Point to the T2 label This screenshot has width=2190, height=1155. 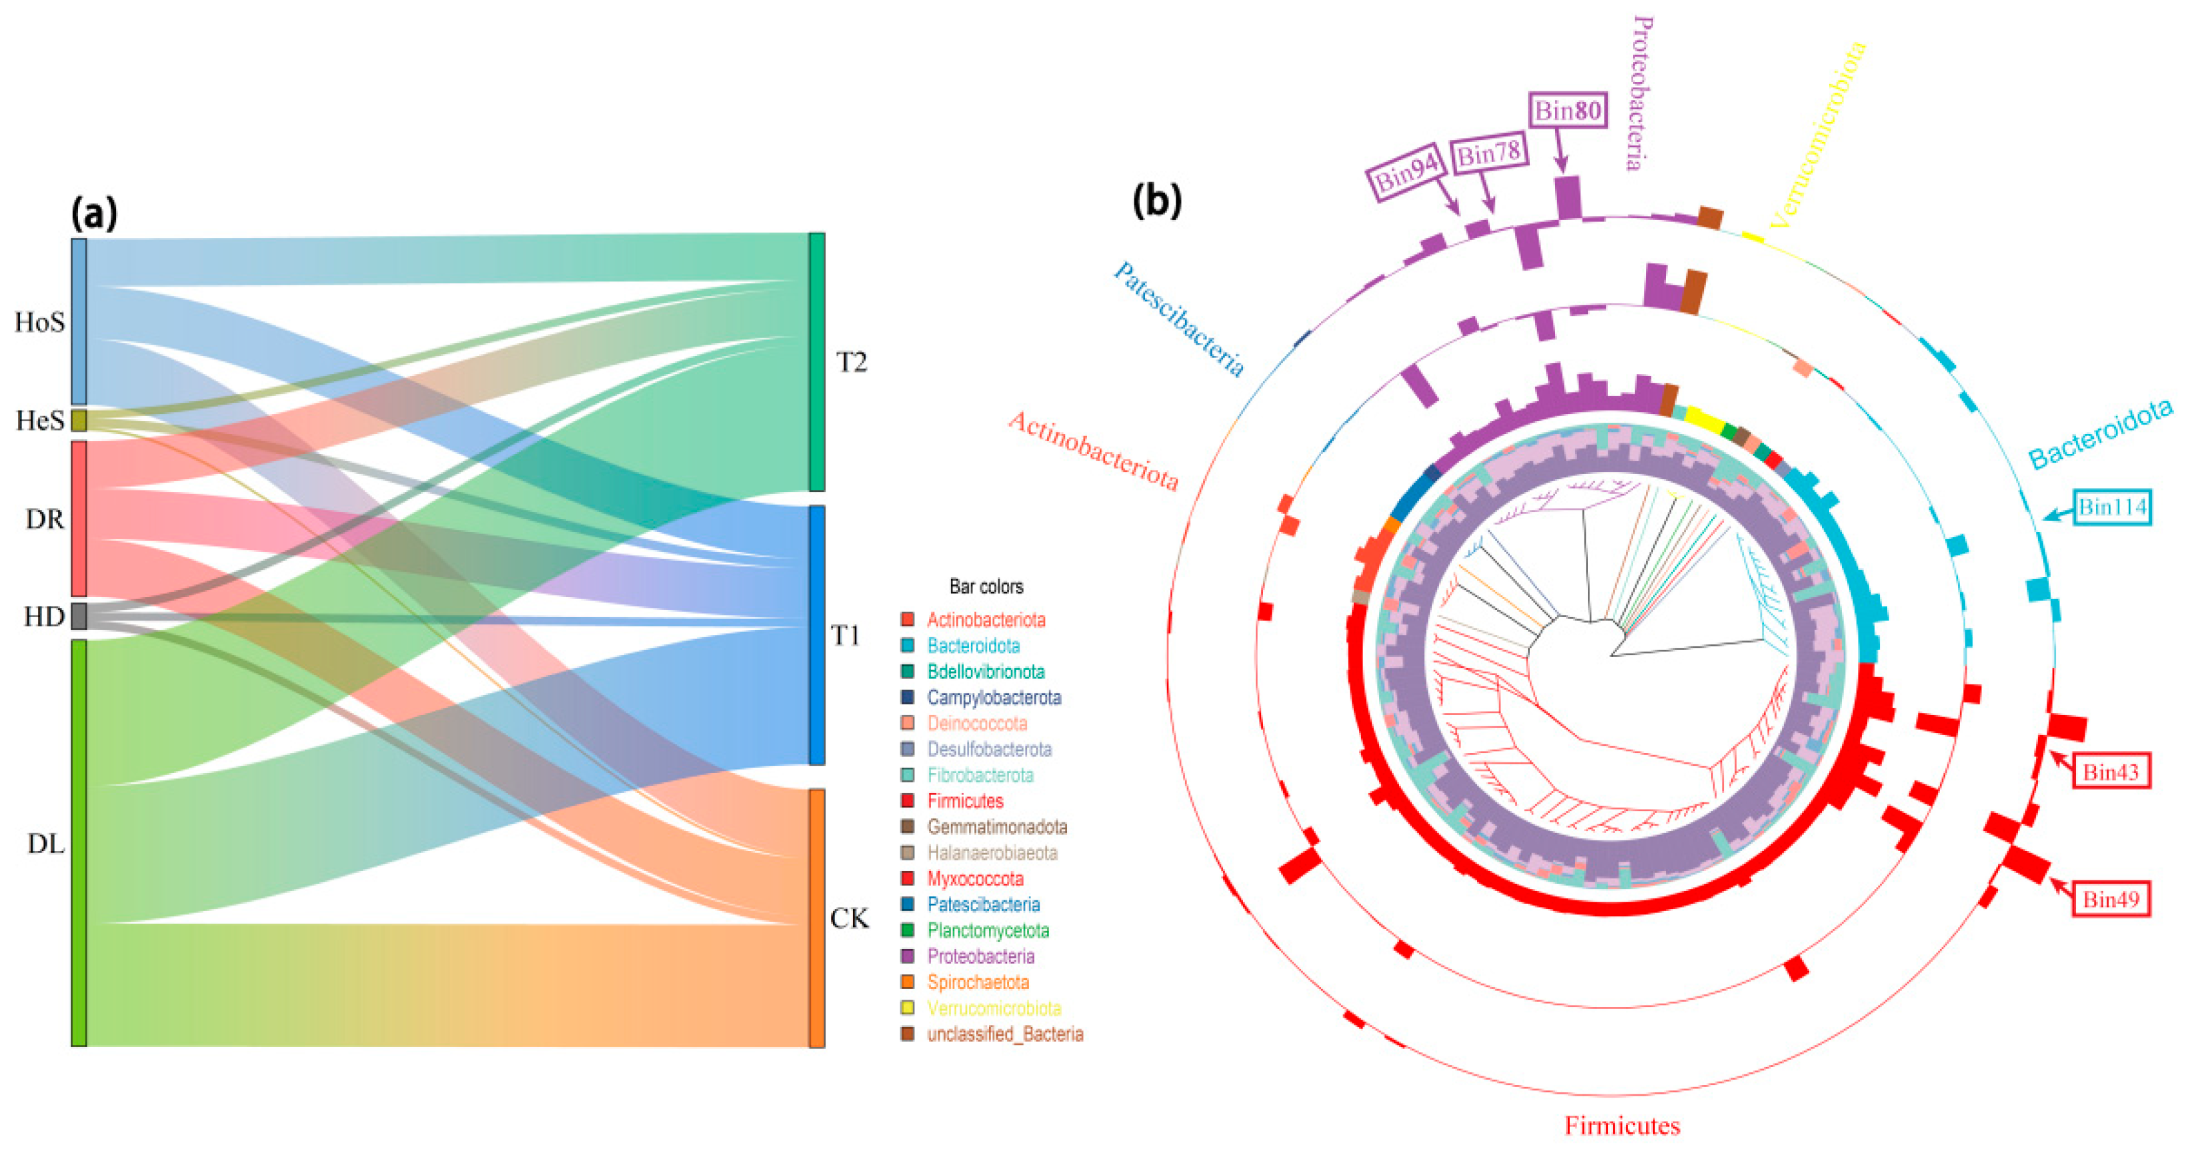click(851, 363)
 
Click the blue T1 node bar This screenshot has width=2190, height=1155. click(816, 635)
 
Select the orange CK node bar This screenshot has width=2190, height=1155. click(816, 918)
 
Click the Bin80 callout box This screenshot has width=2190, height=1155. click(1568, 111)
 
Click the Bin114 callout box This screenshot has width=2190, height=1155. click(2112, 507)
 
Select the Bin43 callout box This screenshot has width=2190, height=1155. click(2110, 772)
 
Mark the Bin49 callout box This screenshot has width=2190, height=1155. click(2110, 899)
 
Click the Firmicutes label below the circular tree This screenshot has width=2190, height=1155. click(1622, 1126)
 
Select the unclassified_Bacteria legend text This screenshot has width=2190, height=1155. click(1005, 1034)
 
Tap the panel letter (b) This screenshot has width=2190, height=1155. click(1157, 201)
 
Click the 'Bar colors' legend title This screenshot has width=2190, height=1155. click(986, 586)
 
